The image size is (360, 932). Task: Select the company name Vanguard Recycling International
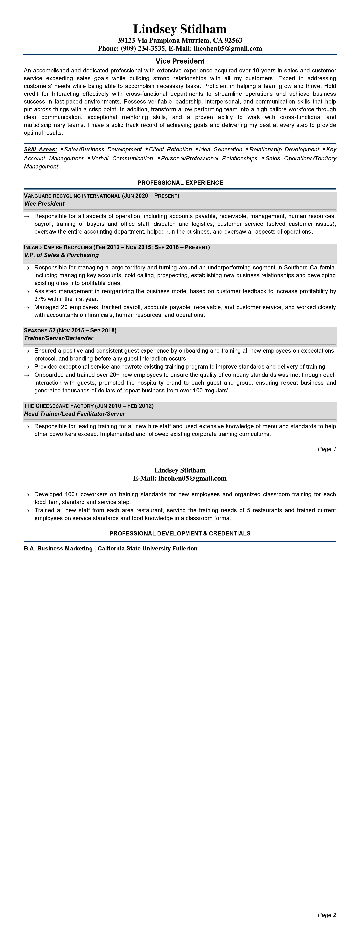[x=72, y=196]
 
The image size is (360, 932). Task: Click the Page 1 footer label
[x=327, y=449]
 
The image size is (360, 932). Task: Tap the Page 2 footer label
[x=327, y=915]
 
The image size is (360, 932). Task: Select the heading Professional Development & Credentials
[x=180, y=533]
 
